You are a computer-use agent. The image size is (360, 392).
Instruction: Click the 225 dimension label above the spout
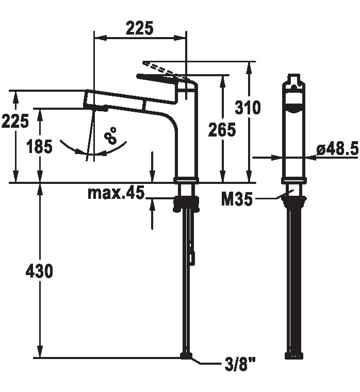click(x=139, y=28)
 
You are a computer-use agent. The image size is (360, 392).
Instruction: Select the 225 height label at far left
click(x=15, y=121)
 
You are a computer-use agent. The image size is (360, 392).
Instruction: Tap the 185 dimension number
click(x=40, y=146)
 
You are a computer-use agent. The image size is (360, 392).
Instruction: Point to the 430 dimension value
click(x=39, y=271)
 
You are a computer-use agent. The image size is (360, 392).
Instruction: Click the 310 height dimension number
click(x=248, y=108)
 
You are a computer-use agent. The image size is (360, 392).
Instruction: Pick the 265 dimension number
click(x=222, y=129)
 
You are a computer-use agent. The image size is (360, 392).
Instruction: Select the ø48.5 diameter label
click(x=337, y=149)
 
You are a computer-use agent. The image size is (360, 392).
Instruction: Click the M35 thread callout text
click(x=237, y=199)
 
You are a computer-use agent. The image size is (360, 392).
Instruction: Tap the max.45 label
click(x=116, y=193)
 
